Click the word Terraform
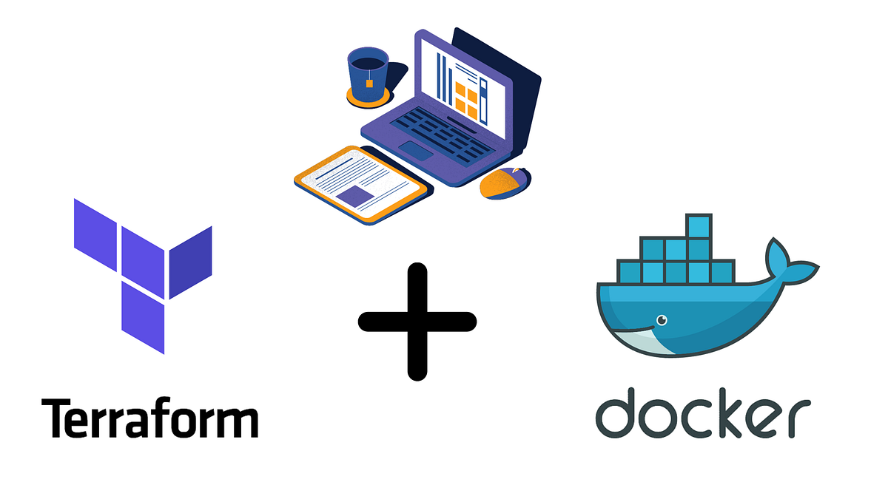[x=149, y=418]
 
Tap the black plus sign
[x=417, y=322]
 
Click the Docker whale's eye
[x=662, y=320]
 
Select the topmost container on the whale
[x=699, y=226]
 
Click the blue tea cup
[x=368, y=75]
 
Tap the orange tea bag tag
[x=369, y=83]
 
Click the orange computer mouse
[x=505, y=183]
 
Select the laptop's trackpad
[x=415, y=151]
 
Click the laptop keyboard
[x=442, y=135]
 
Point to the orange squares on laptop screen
[x=466, y=101]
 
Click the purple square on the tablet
[x=354, y=196]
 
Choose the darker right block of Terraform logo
[x=191, y=262]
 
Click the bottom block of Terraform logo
[x=143, y=317]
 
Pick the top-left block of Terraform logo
[x=95, y=235]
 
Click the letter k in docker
[x=732, y=413]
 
